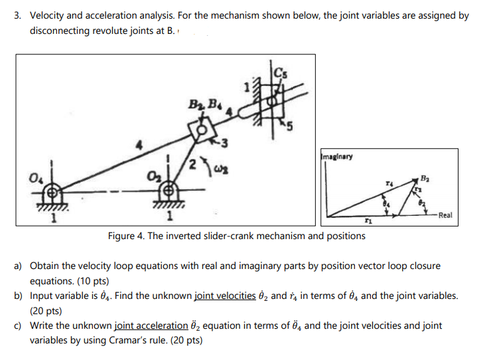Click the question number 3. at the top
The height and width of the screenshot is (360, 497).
(19, 15)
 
